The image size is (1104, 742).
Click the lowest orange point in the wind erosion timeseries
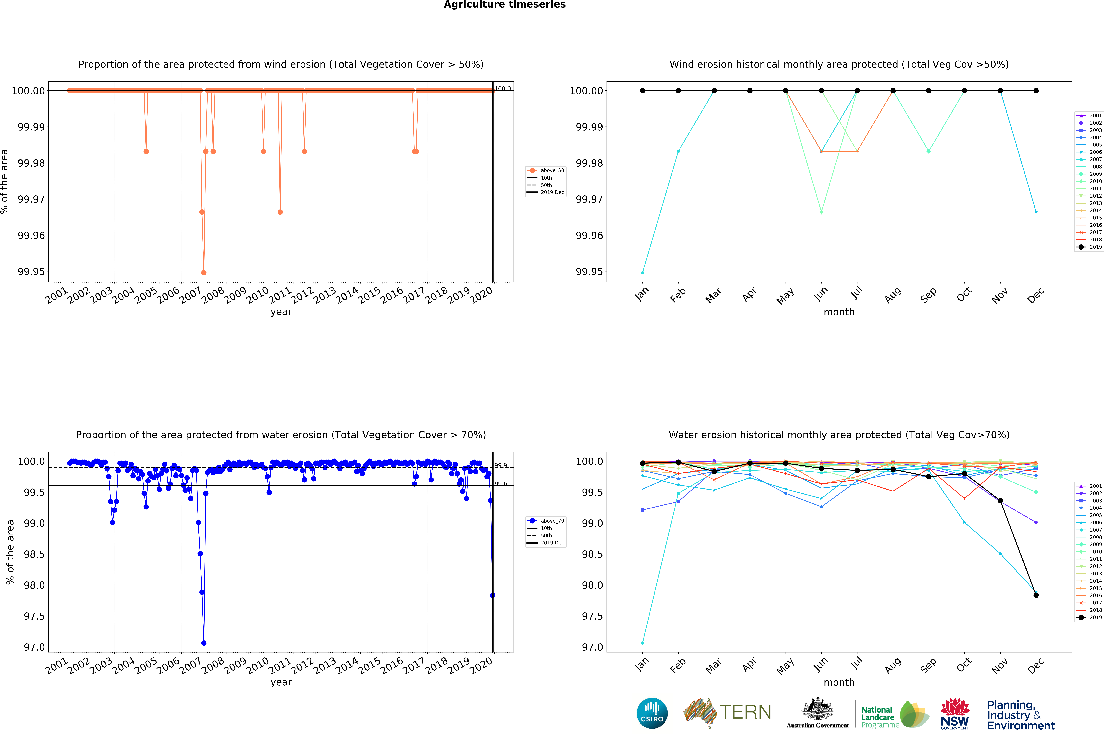(203, 273)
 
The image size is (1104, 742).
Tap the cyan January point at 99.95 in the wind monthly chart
(642, 273)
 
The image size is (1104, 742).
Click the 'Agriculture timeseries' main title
(504, 5)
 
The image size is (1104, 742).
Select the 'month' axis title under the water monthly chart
(839, 682)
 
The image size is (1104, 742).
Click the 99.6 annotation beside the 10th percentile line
(501, 484)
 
